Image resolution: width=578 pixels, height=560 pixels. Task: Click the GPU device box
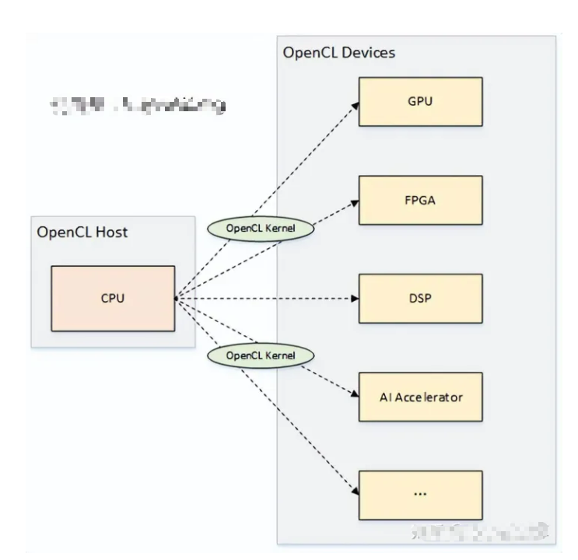(x=420, y=102)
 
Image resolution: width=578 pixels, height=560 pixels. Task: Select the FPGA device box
(x=420, y=200)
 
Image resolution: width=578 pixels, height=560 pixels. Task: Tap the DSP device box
(x=420, y=298)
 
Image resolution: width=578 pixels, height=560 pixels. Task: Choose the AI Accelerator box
(x=420, y=397)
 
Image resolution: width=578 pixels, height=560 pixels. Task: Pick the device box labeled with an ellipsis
(x=420, y=495)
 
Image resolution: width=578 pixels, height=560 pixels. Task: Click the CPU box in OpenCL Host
(x=113, y=298)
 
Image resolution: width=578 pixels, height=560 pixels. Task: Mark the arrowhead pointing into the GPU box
(x=354, y=103)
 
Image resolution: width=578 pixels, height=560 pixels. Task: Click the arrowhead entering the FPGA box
(x=354, y=202)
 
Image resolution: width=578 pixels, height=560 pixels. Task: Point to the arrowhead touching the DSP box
(x=354, y=298)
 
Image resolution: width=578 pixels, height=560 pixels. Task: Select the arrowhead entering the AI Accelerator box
(x=354, y=394)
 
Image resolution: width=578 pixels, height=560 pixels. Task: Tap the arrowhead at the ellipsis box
(x=354, y=492)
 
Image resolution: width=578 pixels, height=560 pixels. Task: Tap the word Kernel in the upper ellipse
(x=287, y=229)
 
